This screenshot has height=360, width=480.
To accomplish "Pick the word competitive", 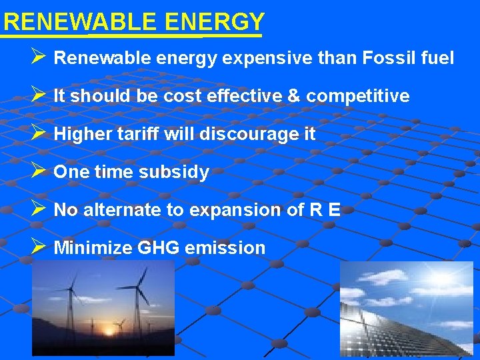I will point(358,96).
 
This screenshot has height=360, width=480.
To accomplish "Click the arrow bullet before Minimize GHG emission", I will point(38,247).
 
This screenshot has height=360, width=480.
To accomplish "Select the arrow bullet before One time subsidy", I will point(38,171).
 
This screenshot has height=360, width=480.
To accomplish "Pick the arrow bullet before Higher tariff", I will point(38,133).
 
